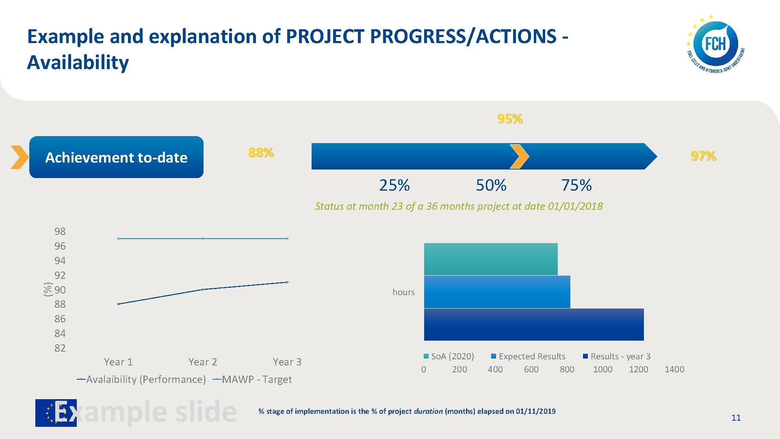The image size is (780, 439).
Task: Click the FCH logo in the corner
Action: click(x=715, y=45)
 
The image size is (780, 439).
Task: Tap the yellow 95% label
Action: click(x=510, y=119)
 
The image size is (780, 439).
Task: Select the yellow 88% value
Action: click(x=261, y=153)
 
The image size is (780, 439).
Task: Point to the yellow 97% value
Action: click(x=703, y=156)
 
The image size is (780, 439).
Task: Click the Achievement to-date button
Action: click(x=116, y=157)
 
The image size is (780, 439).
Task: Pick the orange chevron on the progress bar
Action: click(x=519, y=156)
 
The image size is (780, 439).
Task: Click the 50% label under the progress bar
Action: click(x=491, y=185)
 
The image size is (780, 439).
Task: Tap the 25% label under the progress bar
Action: click(x=394, y=185)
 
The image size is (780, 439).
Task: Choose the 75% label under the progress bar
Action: click(x=576, y=185)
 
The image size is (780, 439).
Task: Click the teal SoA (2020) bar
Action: click(x=490, y=259)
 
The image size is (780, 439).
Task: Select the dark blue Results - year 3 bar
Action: click(x=533, y=324)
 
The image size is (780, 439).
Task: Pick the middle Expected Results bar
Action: click(x=497, y=292)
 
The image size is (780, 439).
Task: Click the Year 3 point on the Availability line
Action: click(x=287, y=282)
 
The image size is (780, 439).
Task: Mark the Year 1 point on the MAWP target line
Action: click(x=118, y=239)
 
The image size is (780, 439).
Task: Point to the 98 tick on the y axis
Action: click(x=60, y=231)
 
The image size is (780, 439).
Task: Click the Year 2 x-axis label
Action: click(x=203, y=362)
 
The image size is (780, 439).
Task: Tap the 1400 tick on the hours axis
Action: click(x=674, y=369)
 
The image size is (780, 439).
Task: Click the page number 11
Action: click(x=736, y=417)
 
